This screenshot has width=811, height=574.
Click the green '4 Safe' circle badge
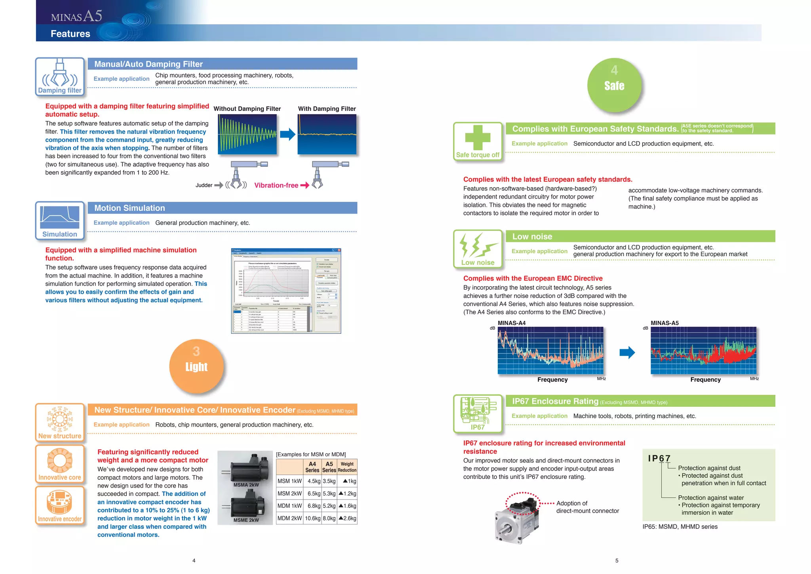(x=614, y=85)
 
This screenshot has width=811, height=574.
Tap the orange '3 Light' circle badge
(x=196, y=366)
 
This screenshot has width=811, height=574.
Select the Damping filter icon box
(x=60, y=77)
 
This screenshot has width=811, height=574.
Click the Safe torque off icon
(x=478, y=142)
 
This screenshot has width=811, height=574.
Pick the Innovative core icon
(x=60, y=464)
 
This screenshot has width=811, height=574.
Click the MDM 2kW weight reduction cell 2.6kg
(x=347, y=518)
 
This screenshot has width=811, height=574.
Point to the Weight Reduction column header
(x=347, y=467)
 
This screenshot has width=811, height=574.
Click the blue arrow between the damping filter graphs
(x=287, y=134)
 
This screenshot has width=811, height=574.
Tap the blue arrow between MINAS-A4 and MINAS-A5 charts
(x=627, y=352)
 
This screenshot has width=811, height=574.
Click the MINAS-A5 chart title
(x=664, y=323)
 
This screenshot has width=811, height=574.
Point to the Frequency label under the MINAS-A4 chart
(x=552, y=380)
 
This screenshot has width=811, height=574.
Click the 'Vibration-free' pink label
(x=276, y=185)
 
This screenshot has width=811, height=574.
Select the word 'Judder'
(x=204, y=185)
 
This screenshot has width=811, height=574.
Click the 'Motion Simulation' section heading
(x=129, y=208)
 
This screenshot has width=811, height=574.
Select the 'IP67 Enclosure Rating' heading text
(x=555, y=401)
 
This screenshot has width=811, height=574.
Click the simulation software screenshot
(x=286, y=291)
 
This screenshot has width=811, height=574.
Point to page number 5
(x=617, y=561)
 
